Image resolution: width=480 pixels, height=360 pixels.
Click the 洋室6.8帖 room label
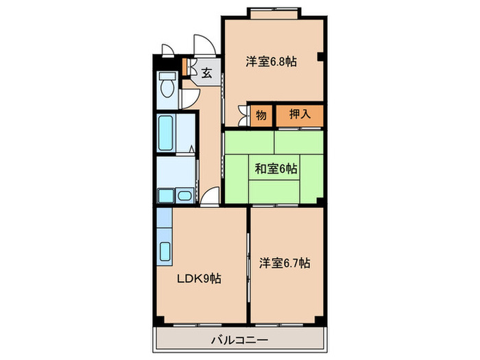[x=272, y=62]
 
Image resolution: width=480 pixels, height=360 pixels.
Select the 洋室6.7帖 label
[x=285, y=263]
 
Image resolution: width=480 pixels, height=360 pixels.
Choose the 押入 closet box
[x=300, y=114]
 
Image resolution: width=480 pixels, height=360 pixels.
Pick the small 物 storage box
[x=261, y=115]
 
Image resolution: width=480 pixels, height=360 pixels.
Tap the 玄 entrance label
[x=207, y=71]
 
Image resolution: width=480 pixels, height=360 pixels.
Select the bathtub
[x=167, y=133]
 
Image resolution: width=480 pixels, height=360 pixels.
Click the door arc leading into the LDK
[x=211, y=197]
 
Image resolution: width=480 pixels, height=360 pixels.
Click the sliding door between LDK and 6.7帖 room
[x=248, y=264]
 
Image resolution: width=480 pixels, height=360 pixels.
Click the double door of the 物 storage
[x=243, y=115]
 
